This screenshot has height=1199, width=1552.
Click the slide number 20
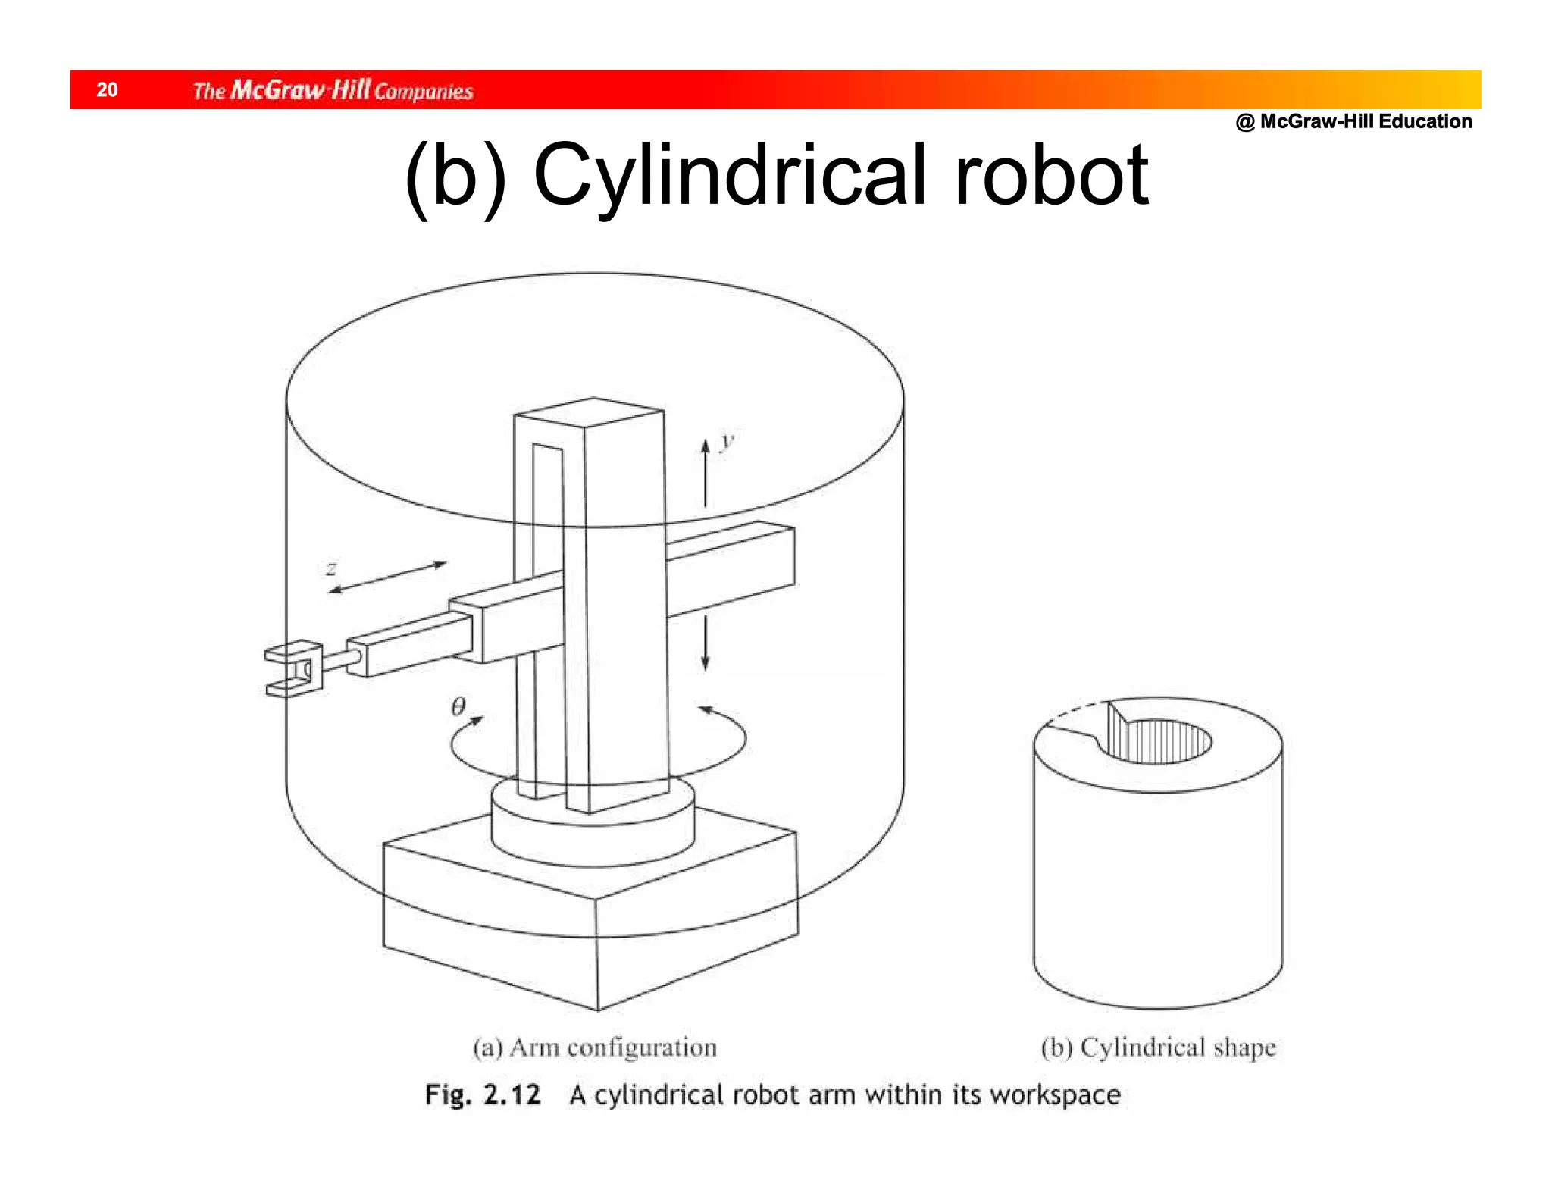click(107, 90)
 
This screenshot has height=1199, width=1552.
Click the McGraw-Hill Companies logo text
click(333, 91)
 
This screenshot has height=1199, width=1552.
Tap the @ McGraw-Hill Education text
click(1353, 121)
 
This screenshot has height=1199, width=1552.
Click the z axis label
click(331, 568)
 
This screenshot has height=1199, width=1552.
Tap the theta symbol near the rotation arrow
click(458, 706)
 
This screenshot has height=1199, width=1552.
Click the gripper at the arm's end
click(292, 669)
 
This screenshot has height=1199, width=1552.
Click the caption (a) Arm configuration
click(595, 1048)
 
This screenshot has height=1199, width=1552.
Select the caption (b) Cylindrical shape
click(1158, 1048)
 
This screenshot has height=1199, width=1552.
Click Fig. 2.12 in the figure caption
click(483, 1094)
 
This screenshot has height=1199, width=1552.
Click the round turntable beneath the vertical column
click(593, 834)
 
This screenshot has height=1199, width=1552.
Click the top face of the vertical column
click(590, 412)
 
